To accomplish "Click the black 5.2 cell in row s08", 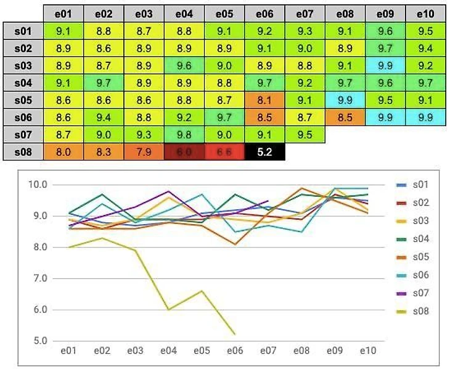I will (264, 151).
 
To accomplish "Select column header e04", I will (184, 13).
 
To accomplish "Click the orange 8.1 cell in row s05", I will (264, 99).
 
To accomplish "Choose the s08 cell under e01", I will (63, 151).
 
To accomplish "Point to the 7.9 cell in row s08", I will (144, 151).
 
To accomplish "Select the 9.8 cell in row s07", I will (184, 134).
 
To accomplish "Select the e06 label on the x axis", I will (235, 351).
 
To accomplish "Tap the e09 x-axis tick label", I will (334, 351).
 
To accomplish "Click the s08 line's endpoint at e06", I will (235, 334).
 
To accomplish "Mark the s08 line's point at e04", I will (168, 309).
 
